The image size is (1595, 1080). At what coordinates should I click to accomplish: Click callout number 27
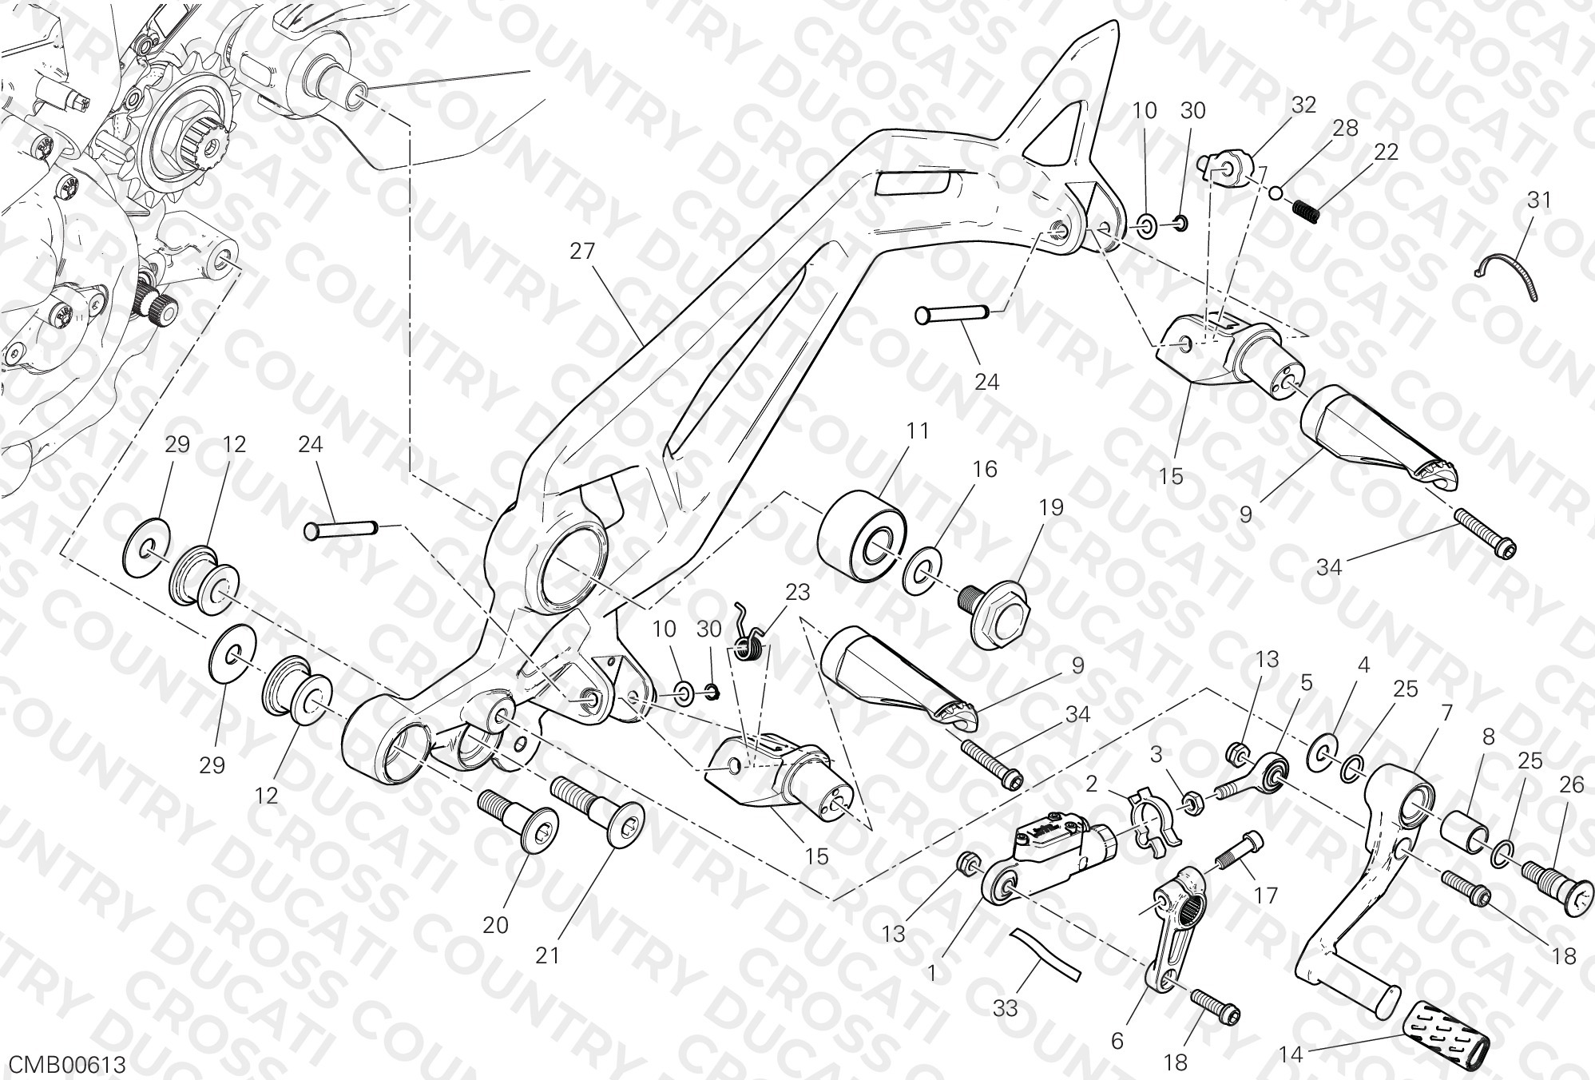point(582,252)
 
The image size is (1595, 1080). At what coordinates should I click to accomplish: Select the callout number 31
point(1538,200)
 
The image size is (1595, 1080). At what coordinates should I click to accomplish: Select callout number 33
point(1006,1009)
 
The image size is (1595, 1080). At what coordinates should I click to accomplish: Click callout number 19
point(1052,507)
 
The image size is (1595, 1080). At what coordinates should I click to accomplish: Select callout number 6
point(1117,1041)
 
